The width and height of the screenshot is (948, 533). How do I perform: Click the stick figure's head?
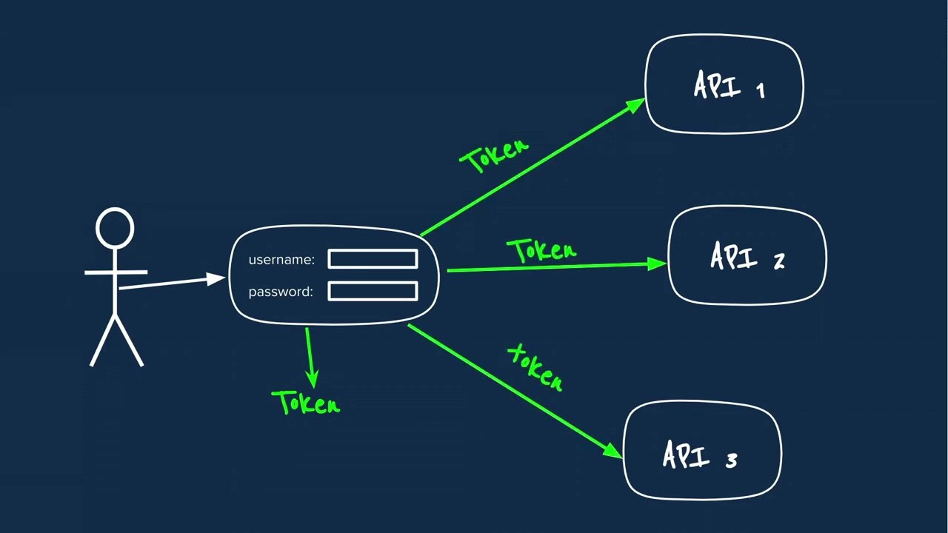115,228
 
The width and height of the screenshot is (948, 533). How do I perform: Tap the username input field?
373,259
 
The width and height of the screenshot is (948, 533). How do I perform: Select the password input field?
373,291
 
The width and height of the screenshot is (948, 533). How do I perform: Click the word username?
281,260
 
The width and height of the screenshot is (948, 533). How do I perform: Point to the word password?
281,292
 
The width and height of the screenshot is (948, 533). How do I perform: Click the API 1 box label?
730,85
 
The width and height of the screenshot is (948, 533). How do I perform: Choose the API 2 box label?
747,256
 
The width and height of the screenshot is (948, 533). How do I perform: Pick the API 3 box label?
700,455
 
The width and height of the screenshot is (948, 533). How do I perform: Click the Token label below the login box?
306,402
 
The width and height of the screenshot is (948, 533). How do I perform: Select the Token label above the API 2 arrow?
542,250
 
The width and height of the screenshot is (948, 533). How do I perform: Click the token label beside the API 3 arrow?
535,367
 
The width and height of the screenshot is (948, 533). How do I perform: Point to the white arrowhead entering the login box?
216,279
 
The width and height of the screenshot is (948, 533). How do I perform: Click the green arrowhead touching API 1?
635,105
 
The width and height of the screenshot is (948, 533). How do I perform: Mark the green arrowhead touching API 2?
657,264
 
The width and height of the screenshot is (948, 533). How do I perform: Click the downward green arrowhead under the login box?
313,380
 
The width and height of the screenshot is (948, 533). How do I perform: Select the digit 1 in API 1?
761,90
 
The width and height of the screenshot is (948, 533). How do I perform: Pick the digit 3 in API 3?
732,460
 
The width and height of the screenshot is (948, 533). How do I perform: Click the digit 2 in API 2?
780,261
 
